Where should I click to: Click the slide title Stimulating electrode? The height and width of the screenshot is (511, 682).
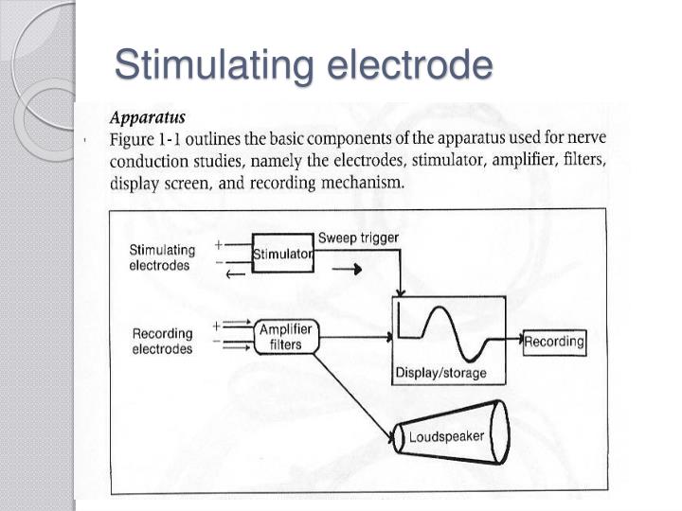click(304, 66)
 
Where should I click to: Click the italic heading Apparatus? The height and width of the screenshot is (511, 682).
click(149, 118)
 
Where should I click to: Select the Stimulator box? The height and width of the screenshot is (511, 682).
click(283, 254)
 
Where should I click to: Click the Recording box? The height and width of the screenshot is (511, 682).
click(554, 341)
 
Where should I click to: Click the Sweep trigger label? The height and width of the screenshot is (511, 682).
click(358, 237)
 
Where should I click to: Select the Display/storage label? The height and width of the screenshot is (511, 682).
click(440, 373)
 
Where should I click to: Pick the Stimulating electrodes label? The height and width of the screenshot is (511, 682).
click(162, 257)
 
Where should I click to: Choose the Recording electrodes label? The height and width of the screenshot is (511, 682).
click(162, 341)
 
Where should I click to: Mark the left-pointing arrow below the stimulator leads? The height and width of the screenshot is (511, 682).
click(235, 274)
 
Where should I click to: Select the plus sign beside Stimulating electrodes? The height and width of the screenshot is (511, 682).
click(219, 243)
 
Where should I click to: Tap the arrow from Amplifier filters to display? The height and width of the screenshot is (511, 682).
click(355, 335)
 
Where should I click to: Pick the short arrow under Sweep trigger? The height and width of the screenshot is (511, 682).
click(350, 269)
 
